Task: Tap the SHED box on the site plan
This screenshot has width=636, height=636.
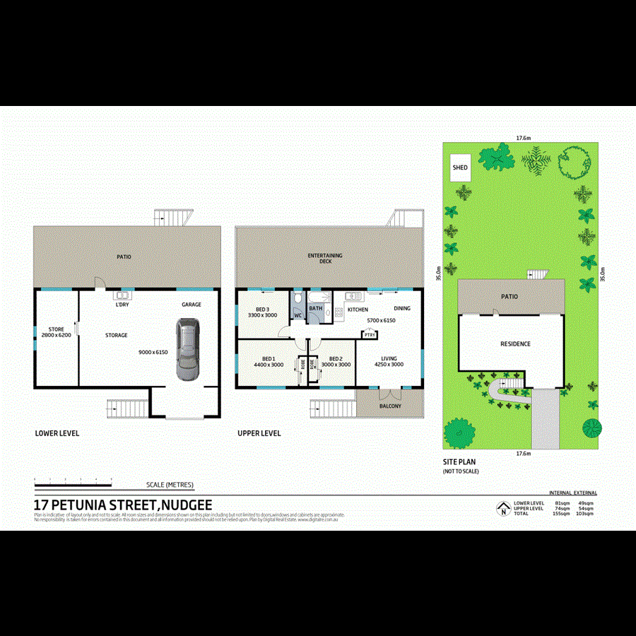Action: [460, 167]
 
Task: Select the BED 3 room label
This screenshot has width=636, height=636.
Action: [262, 310]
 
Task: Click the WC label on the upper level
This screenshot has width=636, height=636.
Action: [298, 315]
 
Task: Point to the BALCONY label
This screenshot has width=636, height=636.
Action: [390, 406]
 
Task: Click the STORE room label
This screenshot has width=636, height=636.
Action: [56, 329]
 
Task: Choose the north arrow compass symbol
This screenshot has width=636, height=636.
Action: [502, 507]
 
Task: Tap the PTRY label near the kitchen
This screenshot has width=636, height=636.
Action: [370, 335]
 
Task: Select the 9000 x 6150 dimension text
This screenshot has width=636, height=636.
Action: [152, 351]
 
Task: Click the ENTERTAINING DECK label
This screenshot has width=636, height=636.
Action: [325, 258]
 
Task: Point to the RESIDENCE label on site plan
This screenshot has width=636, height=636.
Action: [515, 344]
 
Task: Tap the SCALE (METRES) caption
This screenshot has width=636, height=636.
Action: [170, 485]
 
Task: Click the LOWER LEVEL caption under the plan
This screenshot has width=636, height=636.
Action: [57, 432]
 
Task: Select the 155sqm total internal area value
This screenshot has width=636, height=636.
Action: [560, 514]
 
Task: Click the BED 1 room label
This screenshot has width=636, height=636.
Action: [269, 358]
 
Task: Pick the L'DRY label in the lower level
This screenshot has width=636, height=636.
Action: [122, 305]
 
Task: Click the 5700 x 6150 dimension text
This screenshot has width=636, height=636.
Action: [381, 320]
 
